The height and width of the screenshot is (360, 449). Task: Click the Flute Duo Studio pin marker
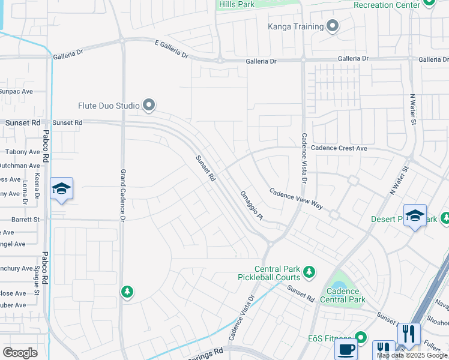point(149,106)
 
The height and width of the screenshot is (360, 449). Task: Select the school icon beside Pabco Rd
point(61,189)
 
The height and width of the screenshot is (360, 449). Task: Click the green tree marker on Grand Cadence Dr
point(127,292)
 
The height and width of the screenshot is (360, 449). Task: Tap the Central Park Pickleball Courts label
point(277,274)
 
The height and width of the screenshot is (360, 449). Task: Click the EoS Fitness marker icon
point(360,337)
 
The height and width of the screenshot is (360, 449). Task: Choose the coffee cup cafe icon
point(346,350)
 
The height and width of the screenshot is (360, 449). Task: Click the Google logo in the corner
point(20,353)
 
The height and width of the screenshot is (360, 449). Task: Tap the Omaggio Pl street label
point(252,206)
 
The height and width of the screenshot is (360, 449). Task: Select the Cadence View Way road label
point(297,199)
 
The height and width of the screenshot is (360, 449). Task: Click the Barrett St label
point(25,220)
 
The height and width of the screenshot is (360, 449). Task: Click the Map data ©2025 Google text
point(412,355)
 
